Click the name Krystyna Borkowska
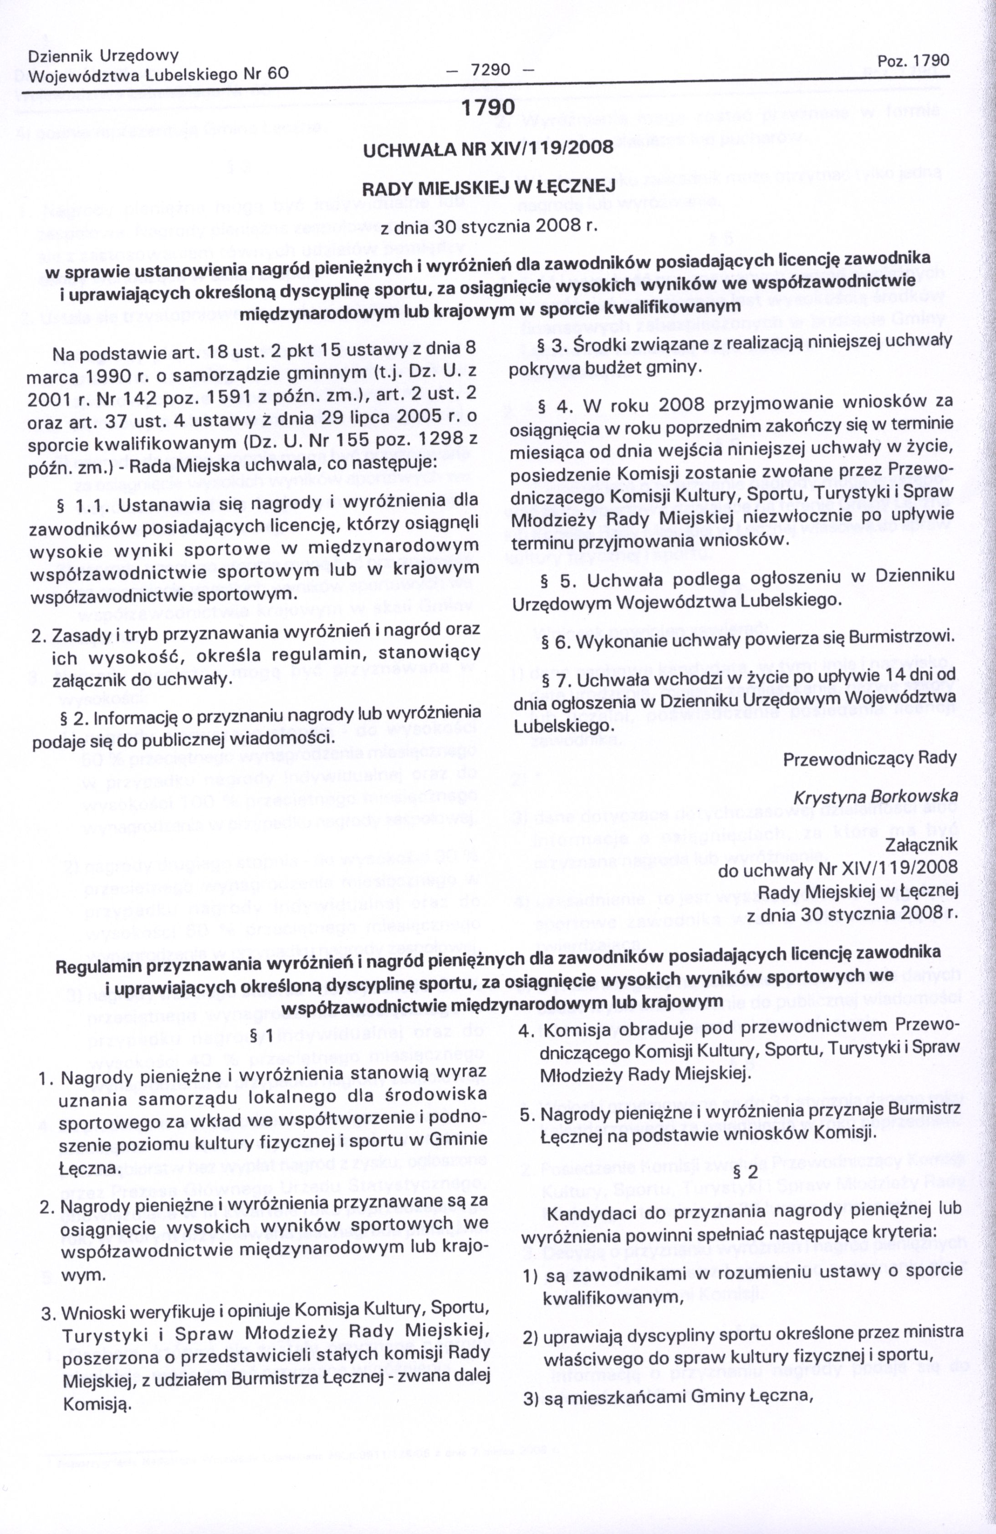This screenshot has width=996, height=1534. (x=875, y=797)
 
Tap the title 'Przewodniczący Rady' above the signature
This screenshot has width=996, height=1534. (x=870, y=759)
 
